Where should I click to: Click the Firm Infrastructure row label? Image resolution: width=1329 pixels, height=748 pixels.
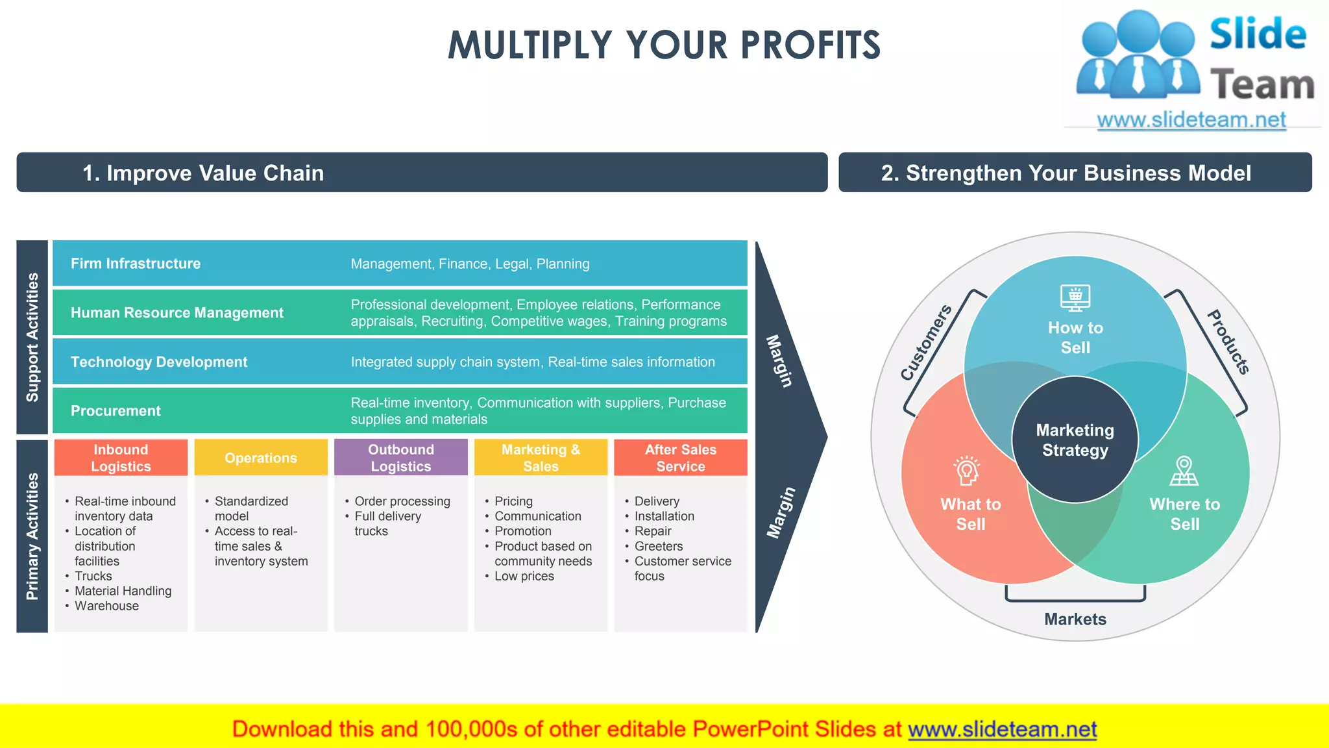135,264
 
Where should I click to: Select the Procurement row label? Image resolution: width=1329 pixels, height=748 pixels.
116,411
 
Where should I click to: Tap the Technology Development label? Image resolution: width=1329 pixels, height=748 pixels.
159,362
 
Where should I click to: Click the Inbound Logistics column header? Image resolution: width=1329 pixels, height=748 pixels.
121,458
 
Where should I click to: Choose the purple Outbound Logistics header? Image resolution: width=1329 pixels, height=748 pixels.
400,458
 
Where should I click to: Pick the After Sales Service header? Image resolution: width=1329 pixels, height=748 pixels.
680,458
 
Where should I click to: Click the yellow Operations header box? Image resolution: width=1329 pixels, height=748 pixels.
261,458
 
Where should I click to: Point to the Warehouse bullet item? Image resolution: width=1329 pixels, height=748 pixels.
106,606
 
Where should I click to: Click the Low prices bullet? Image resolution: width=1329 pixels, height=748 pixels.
524,576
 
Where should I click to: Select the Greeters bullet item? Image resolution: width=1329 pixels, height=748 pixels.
658,546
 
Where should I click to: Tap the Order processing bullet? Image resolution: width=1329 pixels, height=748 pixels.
402,501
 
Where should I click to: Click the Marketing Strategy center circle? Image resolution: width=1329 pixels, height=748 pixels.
1075,440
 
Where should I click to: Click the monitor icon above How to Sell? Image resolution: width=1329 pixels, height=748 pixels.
1075,298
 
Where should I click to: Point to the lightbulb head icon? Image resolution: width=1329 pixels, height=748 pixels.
966,471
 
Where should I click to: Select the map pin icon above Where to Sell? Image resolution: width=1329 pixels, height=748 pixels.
1184,471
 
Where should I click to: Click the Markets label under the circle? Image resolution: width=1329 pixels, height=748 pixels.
1075,619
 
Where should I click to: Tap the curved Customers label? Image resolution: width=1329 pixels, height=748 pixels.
925,342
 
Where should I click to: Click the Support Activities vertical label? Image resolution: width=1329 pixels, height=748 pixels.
32,337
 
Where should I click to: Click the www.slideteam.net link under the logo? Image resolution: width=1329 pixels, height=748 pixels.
1191,120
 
